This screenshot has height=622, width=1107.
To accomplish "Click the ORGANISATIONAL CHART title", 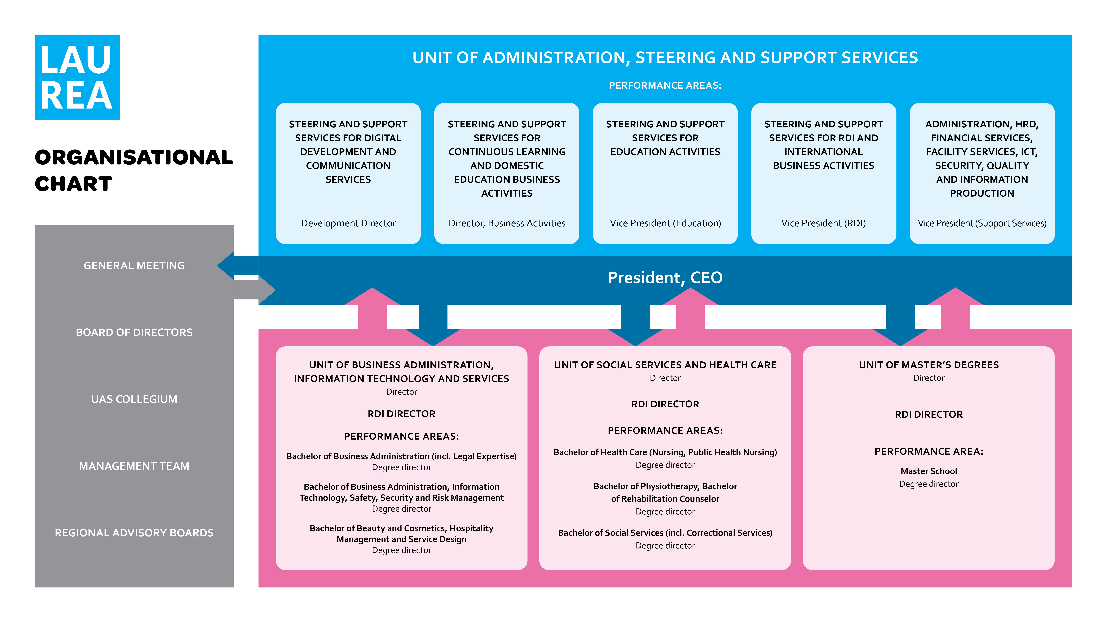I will coord(134,170).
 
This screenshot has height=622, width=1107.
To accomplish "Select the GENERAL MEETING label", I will coord(134,266).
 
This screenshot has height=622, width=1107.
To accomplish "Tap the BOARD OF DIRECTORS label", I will coord(134,332).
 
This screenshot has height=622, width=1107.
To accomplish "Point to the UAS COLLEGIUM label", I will coord(134,399).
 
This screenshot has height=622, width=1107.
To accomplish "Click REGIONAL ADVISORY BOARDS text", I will coord(134,533).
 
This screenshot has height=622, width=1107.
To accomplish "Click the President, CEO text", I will coord(665,278).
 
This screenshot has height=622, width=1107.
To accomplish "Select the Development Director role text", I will coord(348,223).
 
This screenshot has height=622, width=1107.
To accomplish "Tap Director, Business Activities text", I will coord(507,223).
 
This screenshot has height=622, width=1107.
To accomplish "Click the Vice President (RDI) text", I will coord(823,223).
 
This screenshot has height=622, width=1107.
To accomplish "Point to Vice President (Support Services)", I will coord(982,223).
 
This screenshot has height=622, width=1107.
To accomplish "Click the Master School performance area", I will coord(929,471).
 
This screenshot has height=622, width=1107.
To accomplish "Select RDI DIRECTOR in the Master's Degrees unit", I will coord(929,414).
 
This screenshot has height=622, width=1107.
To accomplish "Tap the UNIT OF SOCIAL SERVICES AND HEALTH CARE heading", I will coord(665,365).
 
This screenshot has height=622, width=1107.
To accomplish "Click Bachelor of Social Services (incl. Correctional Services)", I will coord(665,533).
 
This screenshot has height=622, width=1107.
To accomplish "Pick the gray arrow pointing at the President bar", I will coord(258,290).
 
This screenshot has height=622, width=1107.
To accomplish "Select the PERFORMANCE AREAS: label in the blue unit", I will coord(665,85).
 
